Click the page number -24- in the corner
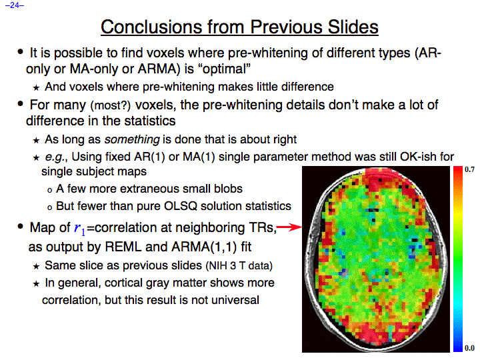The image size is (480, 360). [x=15, y=5]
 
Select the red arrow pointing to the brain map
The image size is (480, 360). [x=289, y=227]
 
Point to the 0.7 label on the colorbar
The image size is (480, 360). [x=469, y=169]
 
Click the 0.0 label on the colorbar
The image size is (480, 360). [x=469, y=348]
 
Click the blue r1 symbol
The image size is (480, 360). [x=80, y=229]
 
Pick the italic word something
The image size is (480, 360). [x=132, y=139]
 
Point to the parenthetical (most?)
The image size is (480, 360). [x=110, y=105]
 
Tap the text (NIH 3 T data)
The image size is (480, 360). [x=239, y=265]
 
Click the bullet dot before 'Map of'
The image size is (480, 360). [x=20, y=227]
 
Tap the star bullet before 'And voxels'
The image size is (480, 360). [x=36, y=88]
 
